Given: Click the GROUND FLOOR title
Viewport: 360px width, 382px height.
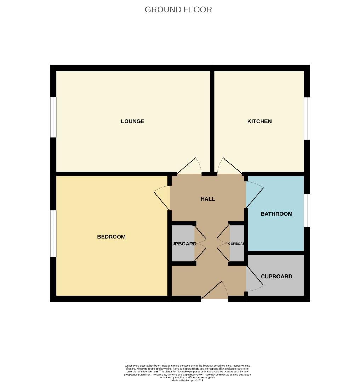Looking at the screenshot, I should tap(178, 10).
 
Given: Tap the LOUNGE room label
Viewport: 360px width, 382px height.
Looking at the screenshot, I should tap(132, 121).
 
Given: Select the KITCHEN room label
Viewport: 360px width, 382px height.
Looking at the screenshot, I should tap(259, 121).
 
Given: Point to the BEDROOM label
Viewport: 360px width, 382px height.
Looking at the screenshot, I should tap(111, 237).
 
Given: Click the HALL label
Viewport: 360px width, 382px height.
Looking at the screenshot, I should tap(207, 199).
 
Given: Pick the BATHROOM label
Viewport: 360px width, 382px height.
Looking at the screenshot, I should tap(276, 214).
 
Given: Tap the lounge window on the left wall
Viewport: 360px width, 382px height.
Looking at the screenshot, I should tap(53, 117).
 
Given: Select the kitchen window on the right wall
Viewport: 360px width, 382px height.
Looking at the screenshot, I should tap(307, 118).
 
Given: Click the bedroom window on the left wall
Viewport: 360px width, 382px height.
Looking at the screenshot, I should tap(53, 234).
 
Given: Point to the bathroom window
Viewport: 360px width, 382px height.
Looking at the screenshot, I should tap(307, 210).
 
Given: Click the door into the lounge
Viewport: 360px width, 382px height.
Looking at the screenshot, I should tap(189, 166).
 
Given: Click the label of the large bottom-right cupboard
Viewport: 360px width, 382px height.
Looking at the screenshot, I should tap(276, 277).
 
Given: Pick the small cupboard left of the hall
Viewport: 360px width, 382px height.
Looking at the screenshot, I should tap(183, 244).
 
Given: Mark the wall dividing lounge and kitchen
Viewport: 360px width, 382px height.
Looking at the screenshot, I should tap(212, 120).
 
